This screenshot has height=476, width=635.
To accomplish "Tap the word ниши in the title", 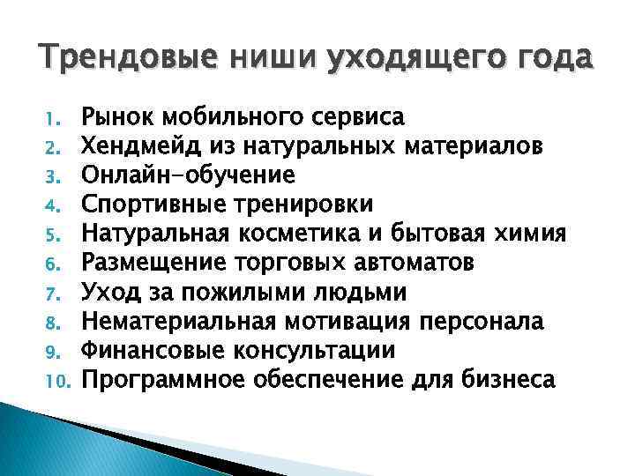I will (x=251, y=58).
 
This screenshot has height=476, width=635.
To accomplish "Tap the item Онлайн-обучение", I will (x=188, y=175).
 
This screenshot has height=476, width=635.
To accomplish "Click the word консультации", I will (x=314, y=350).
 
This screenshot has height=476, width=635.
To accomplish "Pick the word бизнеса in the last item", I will (x=503, y=380).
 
